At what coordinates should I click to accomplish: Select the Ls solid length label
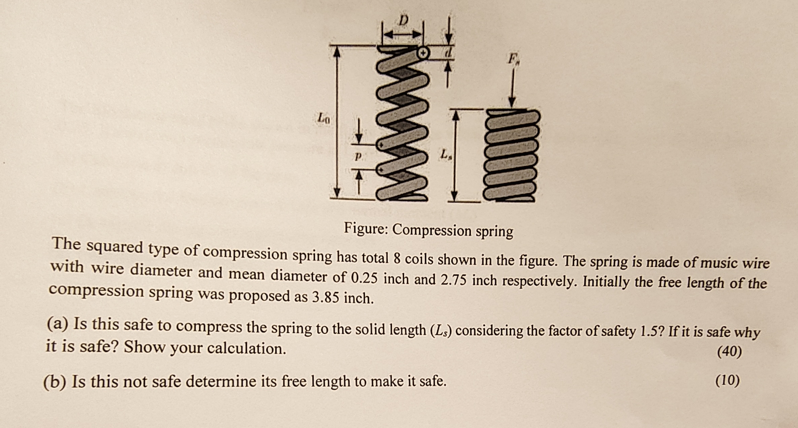444,155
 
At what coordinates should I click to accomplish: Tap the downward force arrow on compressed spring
512,87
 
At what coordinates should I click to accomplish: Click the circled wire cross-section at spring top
423,53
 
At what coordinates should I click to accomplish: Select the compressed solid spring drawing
511,156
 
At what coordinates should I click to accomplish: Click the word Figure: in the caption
366,228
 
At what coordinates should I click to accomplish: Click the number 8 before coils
397,259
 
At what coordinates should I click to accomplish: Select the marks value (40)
729,352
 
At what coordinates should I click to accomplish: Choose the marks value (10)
727,380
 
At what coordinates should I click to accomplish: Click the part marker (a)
57,323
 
